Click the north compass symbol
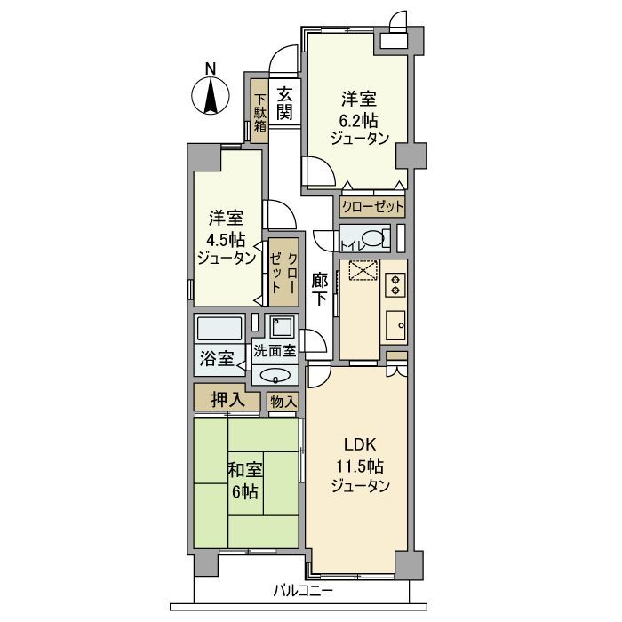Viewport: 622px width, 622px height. (210, 94)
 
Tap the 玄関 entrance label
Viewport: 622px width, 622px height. (284, 102)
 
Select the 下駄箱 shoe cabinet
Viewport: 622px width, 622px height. (259, 114)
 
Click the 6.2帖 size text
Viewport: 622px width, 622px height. (360, 118)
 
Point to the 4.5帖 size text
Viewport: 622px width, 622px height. (226, 238)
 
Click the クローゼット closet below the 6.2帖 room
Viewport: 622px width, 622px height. (372, 207)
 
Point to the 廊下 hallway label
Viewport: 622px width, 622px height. (319, 288)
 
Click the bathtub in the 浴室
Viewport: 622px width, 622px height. (219, 329)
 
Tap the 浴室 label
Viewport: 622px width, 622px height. (217, 359)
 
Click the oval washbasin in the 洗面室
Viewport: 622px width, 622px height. (275, 374)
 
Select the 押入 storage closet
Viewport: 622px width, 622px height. (227, 401)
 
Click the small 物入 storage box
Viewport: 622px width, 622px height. (283, 403)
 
